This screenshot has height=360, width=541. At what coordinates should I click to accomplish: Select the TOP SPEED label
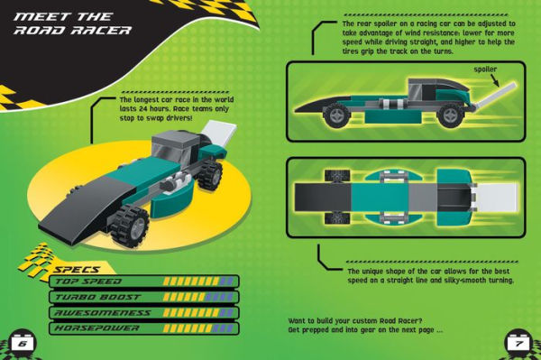coord(89,282)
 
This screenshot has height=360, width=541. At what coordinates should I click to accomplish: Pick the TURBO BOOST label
coord(94,297)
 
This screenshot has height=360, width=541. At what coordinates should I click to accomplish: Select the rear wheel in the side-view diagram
coord(450,115)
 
